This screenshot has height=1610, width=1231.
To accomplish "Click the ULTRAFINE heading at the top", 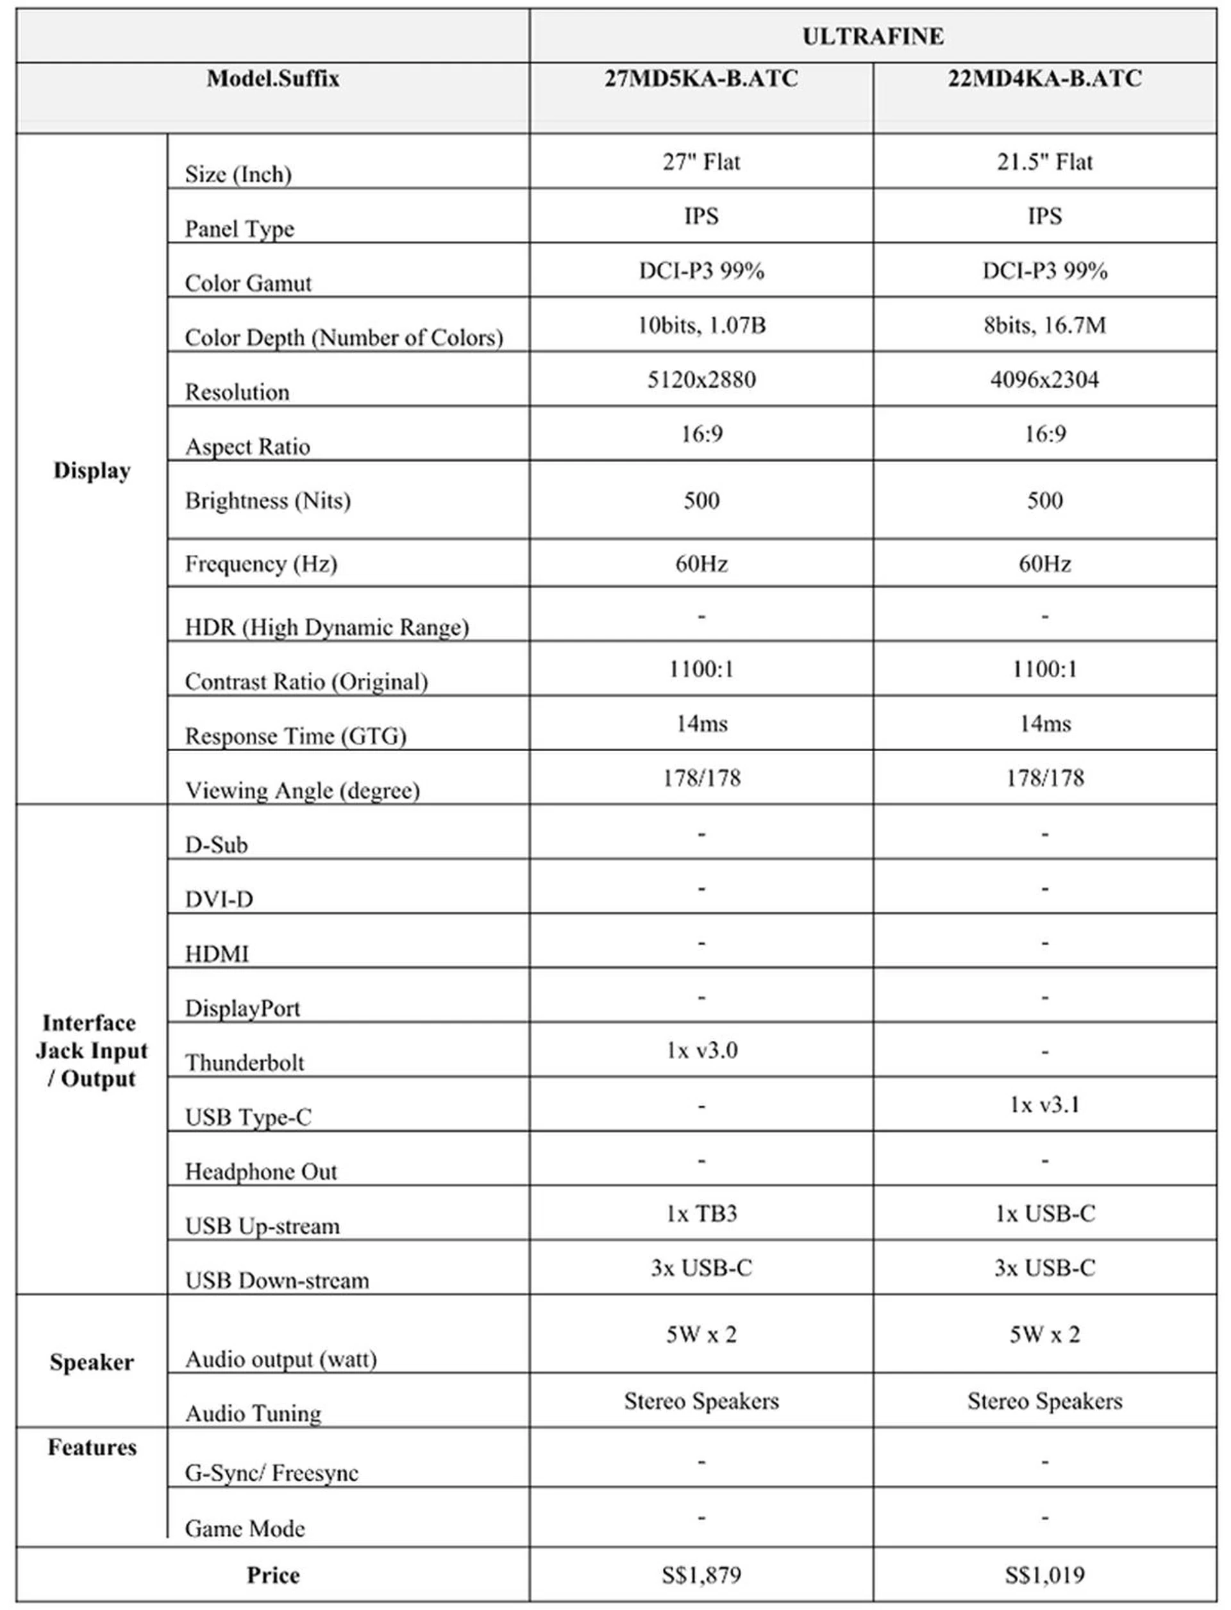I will [x=873, y=36].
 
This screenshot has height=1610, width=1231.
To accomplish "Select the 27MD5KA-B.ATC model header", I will [x=701, y=78].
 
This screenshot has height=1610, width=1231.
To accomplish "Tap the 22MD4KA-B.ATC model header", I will [x=1044, y=78].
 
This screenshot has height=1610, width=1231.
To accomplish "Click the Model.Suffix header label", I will [x=272, y=78].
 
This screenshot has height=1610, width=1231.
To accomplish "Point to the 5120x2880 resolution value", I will [x=701, y=379].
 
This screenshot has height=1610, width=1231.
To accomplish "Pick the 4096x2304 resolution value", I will [x=1044, y=379].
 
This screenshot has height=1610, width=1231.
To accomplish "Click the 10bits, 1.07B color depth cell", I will [x=701, y=325].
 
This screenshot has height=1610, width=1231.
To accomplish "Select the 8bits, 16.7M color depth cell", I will [x=1044, y=325].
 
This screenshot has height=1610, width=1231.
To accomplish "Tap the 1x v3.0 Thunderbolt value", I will [x=701, y=1050].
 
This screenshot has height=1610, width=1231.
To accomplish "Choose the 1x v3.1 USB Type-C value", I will [x=1044, y=1104].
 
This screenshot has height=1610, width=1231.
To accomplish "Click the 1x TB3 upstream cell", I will [x=701, y=1214].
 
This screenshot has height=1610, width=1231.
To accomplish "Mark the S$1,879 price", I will [x=701, y=1574].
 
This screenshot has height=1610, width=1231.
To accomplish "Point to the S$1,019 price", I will [x=1044, y=1574].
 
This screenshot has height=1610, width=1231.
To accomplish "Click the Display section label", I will [x=92, y=470].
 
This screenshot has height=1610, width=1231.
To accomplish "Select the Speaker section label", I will [x=92, y=1363].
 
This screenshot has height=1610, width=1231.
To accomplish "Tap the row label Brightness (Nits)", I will [x=267, y=501].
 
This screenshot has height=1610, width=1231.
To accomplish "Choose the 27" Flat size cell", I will [x=701, y=162].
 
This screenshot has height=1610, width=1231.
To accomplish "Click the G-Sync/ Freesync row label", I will [x=271, y=1473].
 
